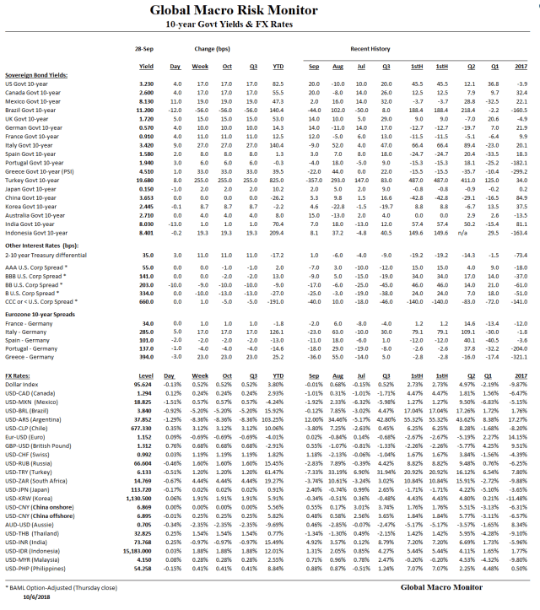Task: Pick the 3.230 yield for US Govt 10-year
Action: tap(144, 84)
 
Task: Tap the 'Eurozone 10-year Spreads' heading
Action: tap(42, 314)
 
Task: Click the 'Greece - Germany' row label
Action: tap(27, 357)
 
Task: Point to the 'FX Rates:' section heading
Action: tap(19, 375)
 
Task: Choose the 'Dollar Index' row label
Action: tap(22, 385)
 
